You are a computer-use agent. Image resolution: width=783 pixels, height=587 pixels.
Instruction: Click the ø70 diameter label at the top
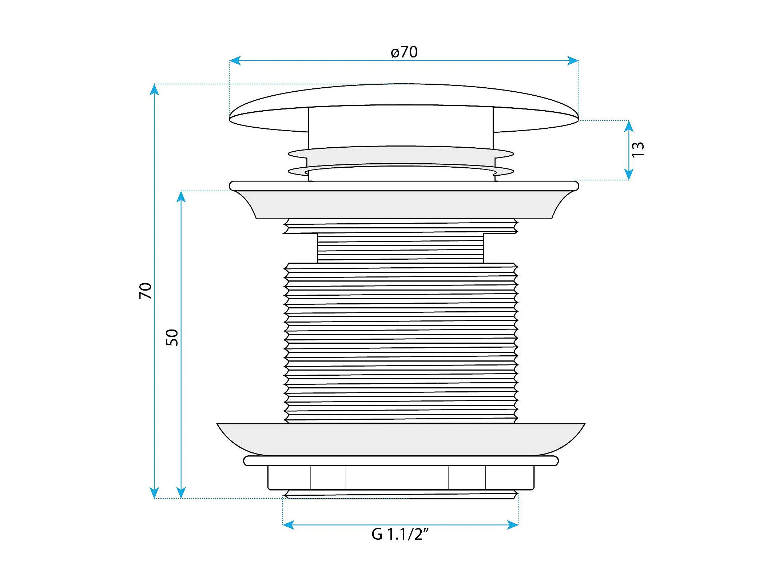click(404, 52)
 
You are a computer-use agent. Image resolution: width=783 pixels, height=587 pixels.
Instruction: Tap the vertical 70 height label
click(145, 291)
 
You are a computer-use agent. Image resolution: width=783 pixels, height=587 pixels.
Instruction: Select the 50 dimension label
click(172, 337)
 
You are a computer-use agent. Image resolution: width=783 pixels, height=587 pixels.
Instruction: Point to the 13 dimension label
click(638, 149)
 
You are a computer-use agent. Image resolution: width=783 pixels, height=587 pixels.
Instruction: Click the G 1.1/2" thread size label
click(400, 534)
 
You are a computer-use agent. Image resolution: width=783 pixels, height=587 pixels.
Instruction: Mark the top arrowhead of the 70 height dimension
click(154, 89)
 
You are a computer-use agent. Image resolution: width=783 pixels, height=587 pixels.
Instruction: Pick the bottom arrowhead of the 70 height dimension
click(154, 493)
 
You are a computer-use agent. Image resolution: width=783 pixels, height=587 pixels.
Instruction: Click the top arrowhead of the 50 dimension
click(181, 196)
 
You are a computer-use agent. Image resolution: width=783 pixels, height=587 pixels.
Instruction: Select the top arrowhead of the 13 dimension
click(629, 126)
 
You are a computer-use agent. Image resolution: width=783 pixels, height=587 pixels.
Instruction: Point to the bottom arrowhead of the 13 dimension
click(629, 175)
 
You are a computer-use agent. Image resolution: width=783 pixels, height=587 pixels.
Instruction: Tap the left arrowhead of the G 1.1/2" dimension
click(288, 525)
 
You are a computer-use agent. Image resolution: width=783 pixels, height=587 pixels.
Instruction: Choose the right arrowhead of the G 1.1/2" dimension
click(513, 525)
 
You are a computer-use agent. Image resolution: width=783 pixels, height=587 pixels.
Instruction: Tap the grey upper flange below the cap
click(404, 204)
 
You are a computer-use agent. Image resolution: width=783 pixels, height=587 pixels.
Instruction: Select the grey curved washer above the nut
click(400, 439)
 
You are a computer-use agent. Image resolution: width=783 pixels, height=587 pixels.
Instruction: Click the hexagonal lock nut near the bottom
click(400, 478)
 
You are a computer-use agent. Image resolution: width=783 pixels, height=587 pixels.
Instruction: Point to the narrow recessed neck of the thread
click(400, 248)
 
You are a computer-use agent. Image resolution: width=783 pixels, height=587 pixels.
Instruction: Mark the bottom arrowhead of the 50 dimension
click(181, 493)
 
